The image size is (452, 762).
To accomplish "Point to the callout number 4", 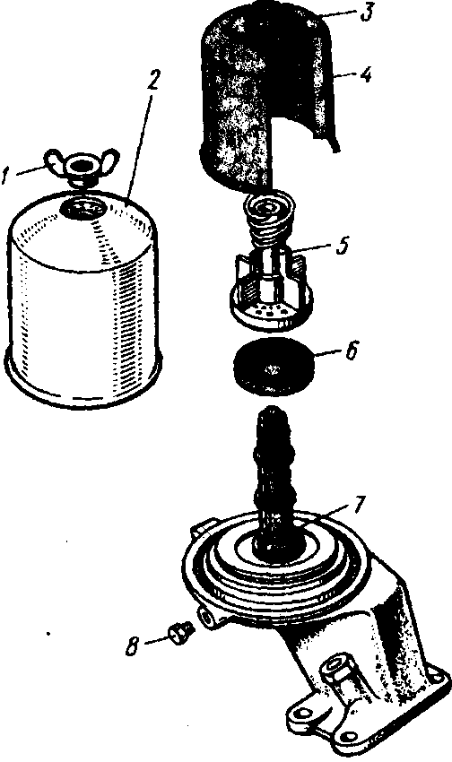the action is tap(365, 75).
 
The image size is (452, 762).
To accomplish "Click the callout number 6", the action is tap(351, 351).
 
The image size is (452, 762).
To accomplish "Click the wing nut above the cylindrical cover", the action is tap(83, 167).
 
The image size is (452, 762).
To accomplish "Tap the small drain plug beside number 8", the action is tap(181, 633).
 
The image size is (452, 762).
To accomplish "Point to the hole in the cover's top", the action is tap(83, 207).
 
